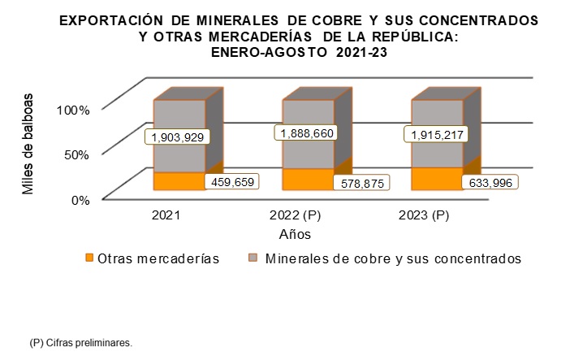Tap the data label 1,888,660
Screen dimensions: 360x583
click(x=307, y=133)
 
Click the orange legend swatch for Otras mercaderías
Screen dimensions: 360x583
click(x=90, y=259)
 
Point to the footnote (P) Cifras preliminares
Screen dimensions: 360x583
click(x=80, y=343)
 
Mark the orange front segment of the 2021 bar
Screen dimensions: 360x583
click(x=179, y=181)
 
